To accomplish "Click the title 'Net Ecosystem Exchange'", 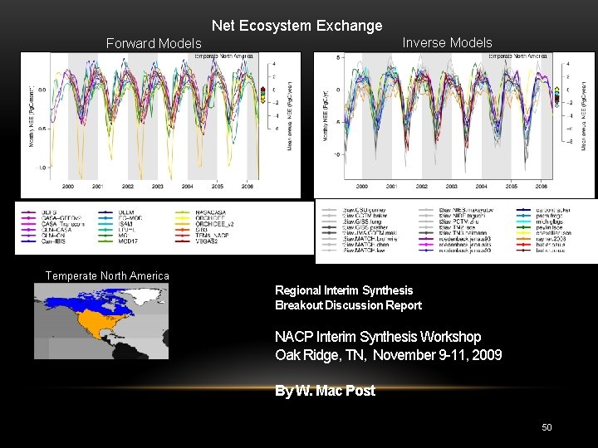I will click(297, 26).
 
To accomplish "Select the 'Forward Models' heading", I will click(154, 43).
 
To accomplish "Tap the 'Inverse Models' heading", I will click(447, 42).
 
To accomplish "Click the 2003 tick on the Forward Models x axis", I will click(158, 187).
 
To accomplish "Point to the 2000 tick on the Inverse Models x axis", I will click(362, 187).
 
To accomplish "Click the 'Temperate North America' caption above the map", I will click(107, 275).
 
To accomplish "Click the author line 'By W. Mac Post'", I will click(325, 391).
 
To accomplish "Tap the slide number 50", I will click(547, 427).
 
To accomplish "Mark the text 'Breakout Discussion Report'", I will click(348, 305).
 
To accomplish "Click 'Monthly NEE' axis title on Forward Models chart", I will click(32, 116).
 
